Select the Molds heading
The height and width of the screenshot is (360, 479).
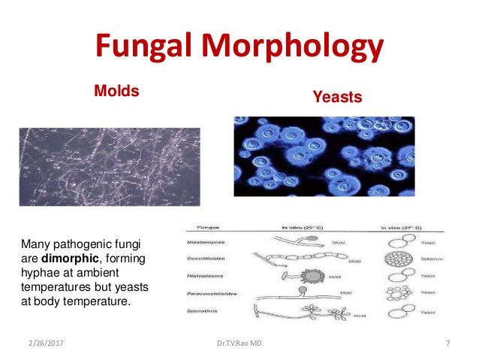[x=117, y=91]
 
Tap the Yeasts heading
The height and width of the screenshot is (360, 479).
[x=337, y=97]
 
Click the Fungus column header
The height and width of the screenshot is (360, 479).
[x=208, y=225]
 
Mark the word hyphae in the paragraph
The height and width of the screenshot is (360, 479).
[x=40, y=271]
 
